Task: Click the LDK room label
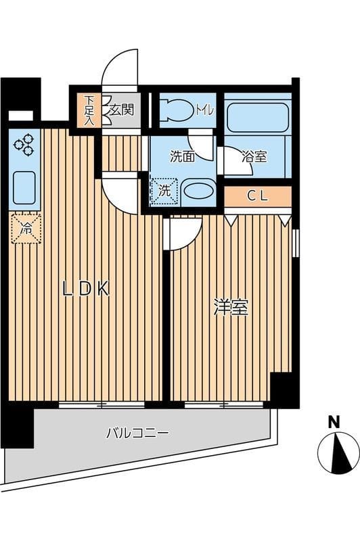(x=85, y=289)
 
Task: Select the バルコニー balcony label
(x=137, y=433)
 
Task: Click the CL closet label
(x=258, y=197)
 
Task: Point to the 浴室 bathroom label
(x=254, y=157)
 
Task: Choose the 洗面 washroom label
(x=183, y=157)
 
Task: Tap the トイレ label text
(x=204, y=110)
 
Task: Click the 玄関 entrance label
(x=121, y=110)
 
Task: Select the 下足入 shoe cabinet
(x=89, y=110)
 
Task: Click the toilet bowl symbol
(x=179, y=110)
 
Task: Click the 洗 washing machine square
(x=164, y=191)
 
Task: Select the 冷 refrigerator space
(x=26, y=229)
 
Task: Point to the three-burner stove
(x=24, y=145)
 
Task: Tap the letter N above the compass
(x=334, y=422)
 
